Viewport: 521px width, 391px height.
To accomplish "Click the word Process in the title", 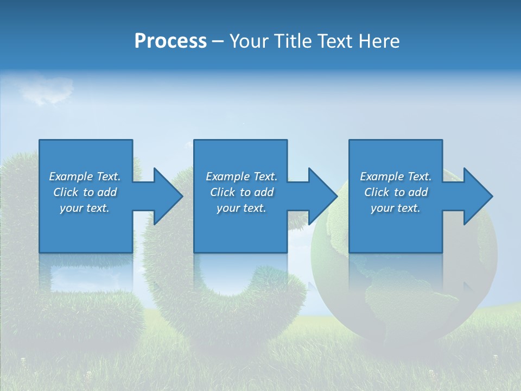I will tap(170, 41).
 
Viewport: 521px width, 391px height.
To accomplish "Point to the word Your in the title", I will tap(248, 41).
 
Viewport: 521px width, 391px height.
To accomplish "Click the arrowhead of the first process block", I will tap(168, 196).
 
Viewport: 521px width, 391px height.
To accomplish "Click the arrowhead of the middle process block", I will tap(323, 196).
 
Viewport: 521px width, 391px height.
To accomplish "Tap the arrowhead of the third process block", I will tap(478, 196).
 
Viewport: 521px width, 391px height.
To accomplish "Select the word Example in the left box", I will tap(71, 176).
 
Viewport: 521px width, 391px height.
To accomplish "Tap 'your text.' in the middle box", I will tap(241, 208).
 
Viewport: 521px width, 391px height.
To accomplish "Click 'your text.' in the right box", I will tap(395, 208).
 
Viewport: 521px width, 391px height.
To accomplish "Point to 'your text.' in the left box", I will tap(84, 208).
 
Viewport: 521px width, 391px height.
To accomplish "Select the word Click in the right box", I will tap(377, 192).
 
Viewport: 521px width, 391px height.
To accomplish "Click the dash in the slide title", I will tap(218, 42).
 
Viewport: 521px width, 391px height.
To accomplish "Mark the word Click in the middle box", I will tap(223, 192).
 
